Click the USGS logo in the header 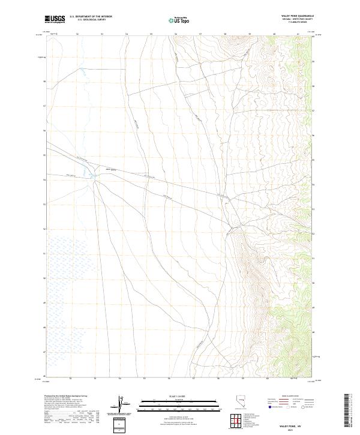55,19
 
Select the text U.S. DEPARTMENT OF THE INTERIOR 91,16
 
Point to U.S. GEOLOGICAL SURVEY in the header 91,20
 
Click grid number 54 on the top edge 127,34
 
